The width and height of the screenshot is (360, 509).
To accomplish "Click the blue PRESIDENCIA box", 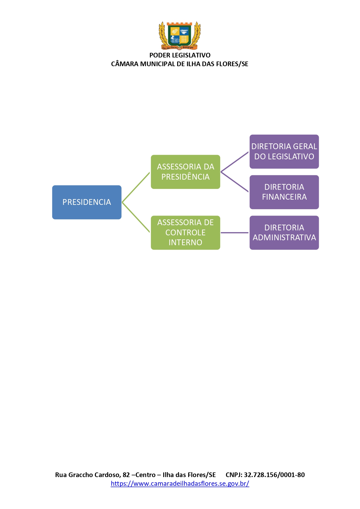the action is (87, 202).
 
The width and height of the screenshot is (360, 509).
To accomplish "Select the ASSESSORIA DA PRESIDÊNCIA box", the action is (185, 172).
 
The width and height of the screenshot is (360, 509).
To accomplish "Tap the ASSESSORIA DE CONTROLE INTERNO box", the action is (185, 232).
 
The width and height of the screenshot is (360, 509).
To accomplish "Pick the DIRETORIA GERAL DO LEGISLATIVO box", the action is (284, 151).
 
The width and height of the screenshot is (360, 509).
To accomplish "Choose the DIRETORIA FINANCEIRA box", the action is (284, 192).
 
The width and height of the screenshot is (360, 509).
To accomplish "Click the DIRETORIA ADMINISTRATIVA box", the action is (284, 232).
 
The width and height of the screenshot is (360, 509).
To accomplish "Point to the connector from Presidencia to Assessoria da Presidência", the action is (136, 187).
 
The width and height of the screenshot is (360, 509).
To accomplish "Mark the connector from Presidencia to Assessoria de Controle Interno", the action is (136, 217).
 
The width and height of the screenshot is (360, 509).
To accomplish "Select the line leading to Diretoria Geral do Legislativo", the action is (235, 162).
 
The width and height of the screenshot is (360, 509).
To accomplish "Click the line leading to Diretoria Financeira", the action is (235, 182).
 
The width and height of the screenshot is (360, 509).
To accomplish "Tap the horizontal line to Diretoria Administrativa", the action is (235, 232).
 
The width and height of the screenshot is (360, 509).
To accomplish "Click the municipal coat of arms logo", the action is (180, 35).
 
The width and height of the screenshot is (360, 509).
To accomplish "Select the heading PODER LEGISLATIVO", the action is (180, 55).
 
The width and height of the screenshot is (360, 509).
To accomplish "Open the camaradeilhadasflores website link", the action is (180, 483).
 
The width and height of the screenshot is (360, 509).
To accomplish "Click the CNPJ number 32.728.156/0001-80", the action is (274, 475).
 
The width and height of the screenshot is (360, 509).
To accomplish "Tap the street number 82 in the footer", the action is (126, 475).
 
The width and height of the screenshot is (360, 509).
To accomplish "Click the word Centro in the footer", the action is (145, 475).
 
